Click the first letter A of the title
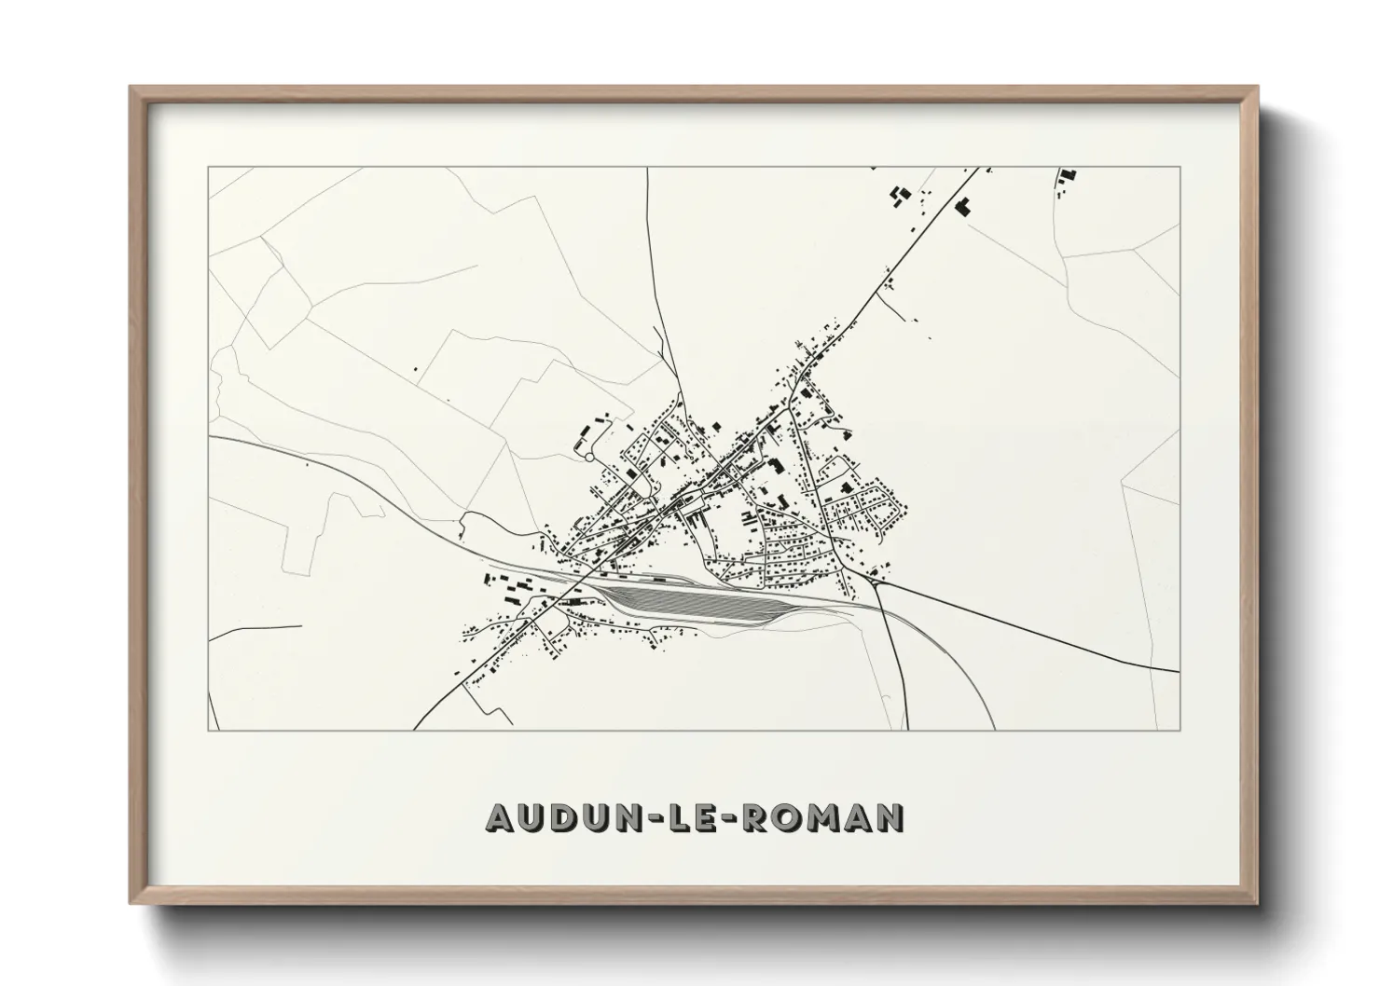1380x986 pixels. (x=499, y=817)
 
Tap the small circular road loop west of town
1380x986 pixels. (x=588, y=456)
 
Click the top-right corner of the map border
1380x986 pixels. (x=1180, y=168)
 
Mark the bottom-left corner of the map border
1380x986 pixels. (x=209, y=730)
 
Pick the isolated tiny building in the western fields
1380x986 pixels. (x=414, y=371)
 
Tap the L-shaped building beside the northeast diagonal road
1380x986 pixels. (x=963, y=206)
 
